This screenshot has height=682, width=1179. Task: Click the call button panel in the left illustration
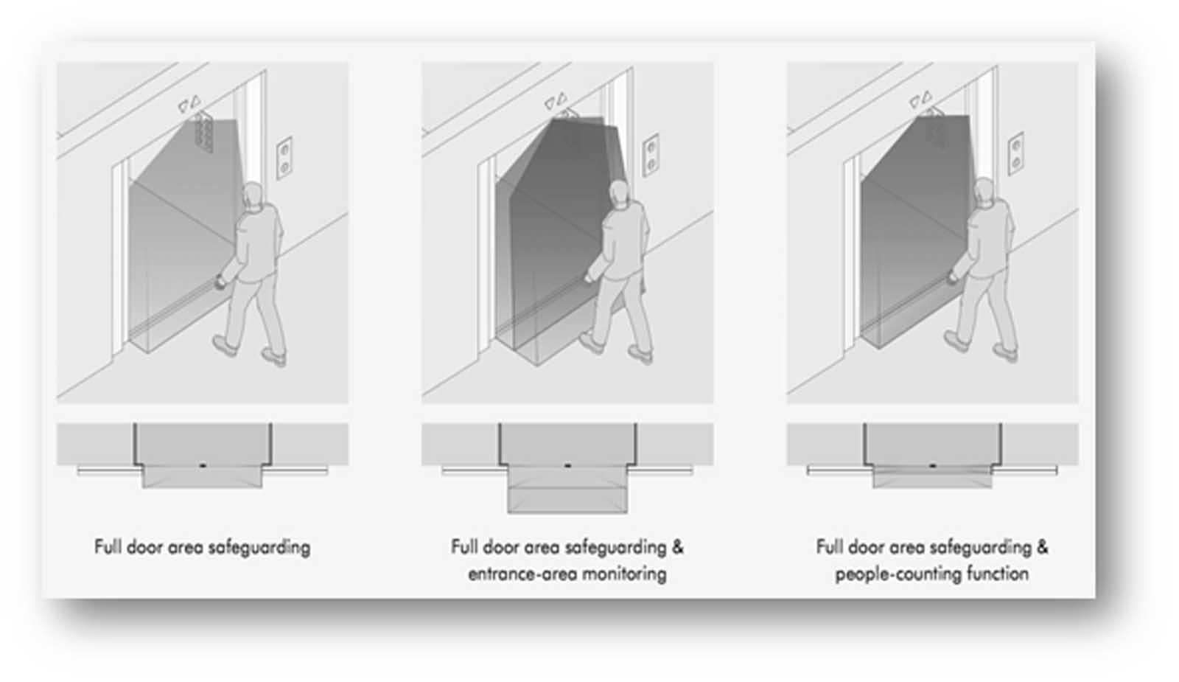click(x=284, y=158)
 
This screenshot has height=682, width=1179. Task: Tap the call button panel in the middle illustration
click(x=651, y=156)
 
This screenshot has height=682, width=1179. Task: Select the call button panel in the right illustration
click(x=1016, y=154)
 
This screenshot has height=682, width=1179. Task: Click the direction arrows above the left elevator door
click(x=189, y=103)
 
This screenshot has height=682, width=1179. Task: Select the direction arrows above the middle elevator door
click(x=556, y=100)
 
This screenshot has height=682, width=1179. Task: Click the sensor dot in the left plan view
click(x=203, y=466)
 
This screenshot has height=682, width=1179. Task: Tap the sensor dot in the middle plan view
click(x=567, y=466)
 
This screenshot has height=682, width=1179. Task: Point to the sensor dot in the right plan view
click(x=933, y=466)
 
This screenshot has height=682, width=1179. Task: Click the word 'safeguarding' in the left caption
click(x=259, y=548)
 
